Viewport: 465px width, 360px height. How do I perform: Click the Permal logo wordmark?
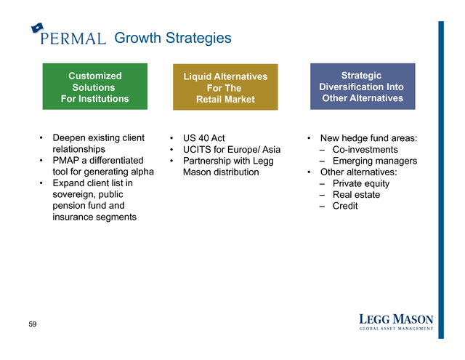(x=73, y=39)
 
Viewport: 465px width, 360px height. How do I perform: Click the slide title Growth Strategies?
(x=173, y=38)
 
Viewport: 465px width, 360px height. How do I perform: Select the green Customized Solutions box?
(x=95, y=87)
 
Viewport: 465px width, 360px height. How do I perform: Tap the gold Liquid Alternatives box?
(x=225, y=87)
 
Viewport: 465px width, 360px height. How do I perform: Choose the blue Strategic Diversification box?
(x=363, y=87)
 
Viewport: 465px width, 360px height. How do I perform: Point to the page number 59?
(x=33, y=324)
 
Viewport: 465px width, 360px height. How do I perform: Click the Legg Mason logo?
(x=396, y=321)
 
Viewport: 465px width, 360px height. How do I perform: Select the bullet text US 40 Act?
(x=203, y=138)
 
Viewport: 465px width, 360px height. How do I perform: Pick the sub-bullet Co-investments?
(x=365, y=149)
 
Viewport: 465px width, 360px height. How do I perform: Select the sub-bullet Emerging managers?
(x=375, y=161)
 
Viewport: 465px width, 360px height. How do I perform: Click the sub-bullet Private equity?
(x=361, y=183)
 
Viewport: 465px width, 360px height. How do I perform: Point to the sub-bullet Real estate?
(x=356, y=194)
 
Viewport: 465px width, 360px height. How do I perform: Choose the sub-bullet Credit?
(x=345, y=206)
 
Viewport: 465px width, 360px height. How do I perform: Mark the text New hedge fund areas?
(x=368, y=138)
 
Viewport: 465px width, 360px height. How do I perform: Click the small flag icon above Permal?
(x=37, y=28)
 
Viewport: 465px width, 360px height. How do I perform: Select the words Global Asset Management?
(x=396, y=328)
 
